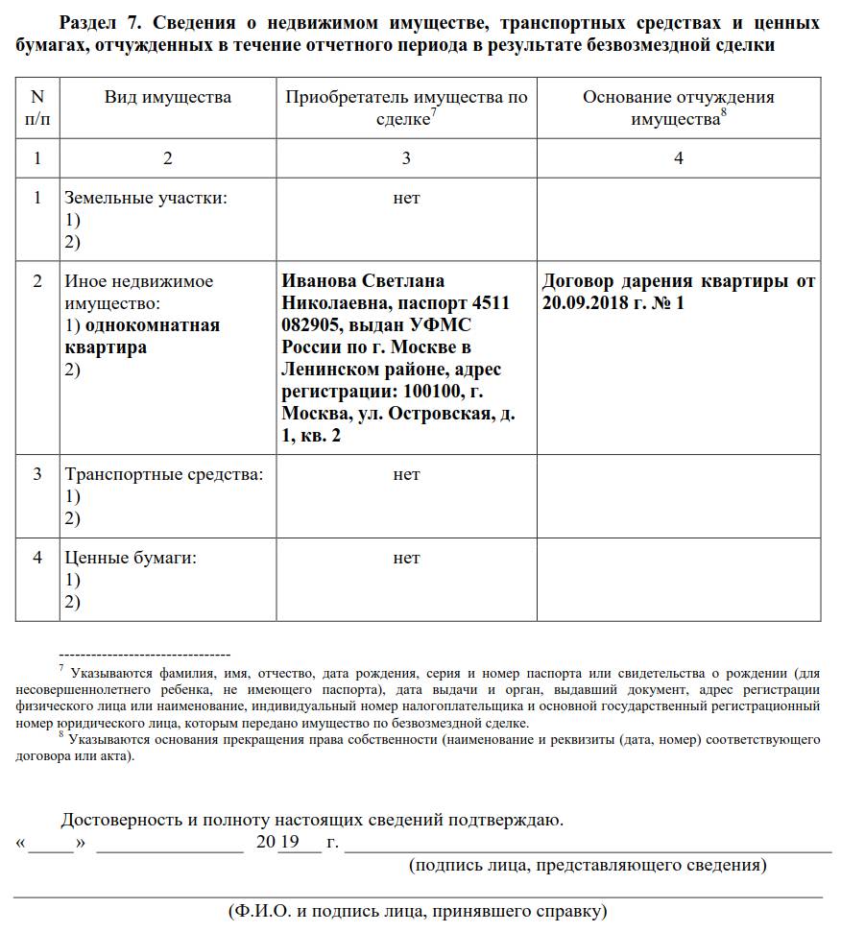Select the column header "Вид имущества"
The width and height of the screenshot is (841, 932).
tap(168, 97)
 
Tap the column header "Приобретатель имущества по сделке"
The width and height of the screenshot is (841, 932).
tap(406, 107)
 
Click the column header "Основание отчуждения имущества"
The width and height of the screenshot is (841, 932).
tap(678, 107)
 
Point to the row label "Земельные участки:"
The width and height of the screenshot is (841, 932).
tap(145, 199)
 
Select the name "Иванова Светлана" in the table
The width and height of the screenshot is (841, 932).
tap(363, 281)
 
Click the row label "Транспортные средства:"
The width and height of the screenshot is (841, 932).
tap(163, 474)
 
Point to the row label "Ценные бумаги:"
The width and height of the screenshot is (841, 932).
tap(130, 558)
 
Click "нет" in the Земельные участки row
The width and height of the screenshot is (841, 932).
tap(406, 199)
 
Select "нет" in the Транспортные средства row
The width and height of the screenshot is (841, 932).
tap(406, 474)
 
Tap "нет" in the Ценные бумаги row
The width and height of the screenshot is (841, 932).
tap(406, 558)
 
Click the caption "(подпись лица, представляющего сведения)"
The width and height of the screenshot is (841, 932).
tap(588, 866)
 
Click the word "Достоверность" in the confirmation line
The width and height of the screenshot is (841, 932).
tap(121, 820)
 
